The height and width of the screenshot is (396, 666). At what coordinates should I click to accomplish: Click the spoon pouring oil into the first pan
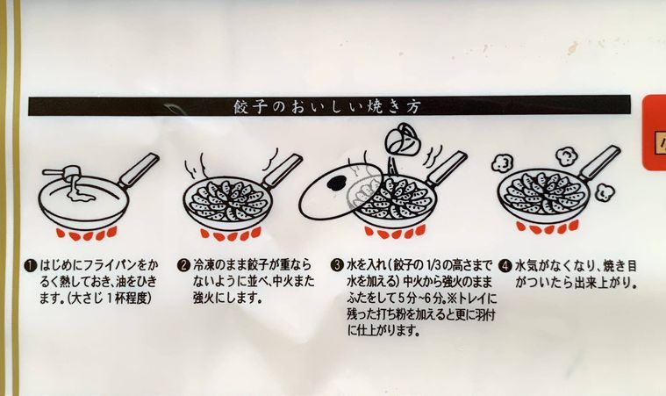(x=67, y=176)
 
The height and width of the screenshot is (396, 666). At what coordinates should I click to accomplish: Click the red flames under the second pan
(x=231, y=234)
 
